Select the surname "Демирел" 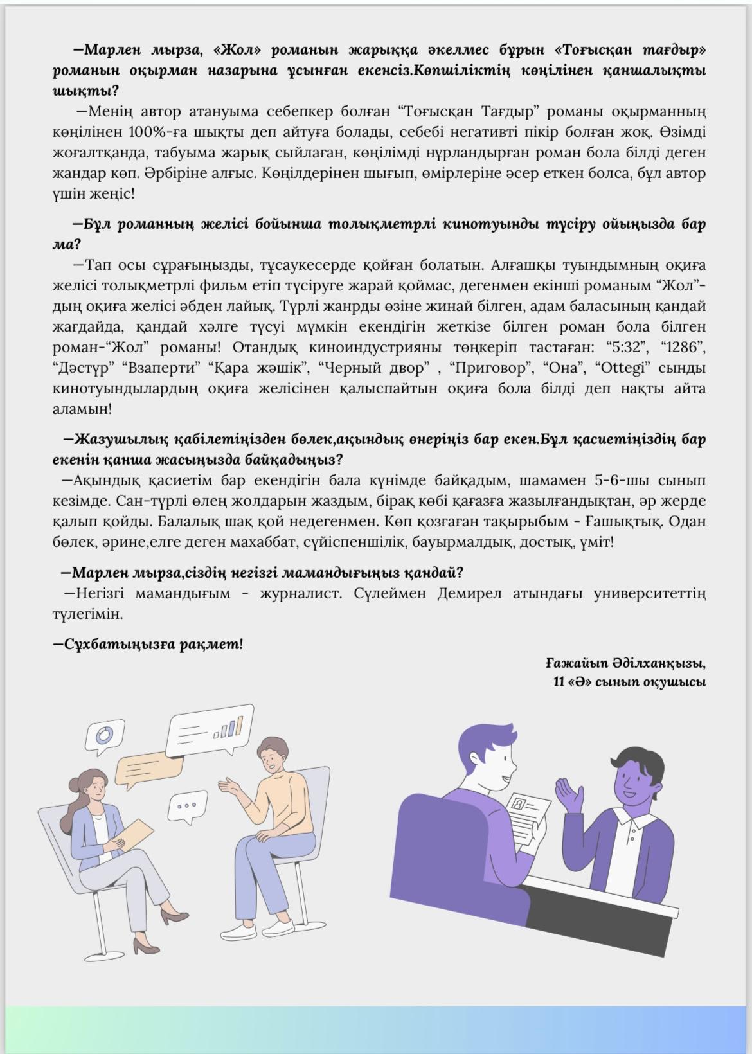(x=469, y=593)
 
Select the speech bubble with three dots (x=188, y=806)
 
